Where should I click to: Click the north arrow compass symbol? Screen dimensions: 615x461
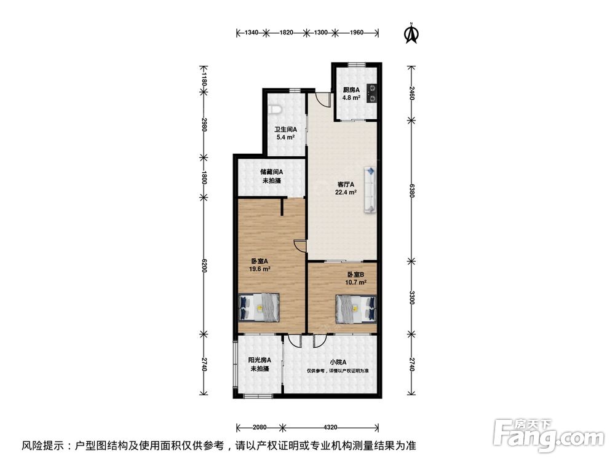(x=411, y=33)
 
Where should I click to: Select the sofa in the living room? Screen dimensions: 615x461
(x=370, y=190)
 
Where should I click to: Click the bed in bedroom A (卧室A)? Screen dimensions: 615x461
(x=260, y=308)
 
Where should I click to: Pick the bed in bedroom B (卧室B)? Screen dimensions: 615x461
(x=356, y=309)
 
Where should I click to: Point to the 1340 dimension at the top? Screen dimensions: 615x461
(x=252, y=33)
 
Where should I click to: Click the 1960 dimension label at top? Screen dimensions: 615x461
(x=356, y=33)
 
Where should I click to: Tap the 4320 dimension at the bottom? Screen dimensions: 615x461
(x=330, y=427)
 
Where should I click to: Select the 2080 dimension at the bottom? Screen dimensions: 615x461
(x=260, y=427)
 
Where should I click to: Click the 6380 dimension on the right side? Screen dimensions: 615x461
(x=411, y=191)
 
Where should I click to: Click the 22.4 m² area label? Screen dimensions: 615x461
(x=346, y=192)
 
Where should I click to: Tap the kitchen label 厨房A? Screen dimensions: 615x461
(x=351, y=90)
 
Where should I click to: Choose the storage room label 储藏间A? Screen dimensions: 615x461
(x=271, y=171)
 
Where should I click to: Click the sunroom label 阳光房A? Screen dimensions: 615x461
(x=260, y=360)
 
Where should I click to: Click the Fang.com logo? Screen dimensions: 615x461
(x=549, y=435)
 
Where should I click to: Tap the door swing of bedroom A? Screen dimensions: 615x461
(x=300, y=246)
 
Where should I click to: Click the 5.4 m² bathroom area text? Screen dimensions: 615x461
(x=285, y=138)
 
